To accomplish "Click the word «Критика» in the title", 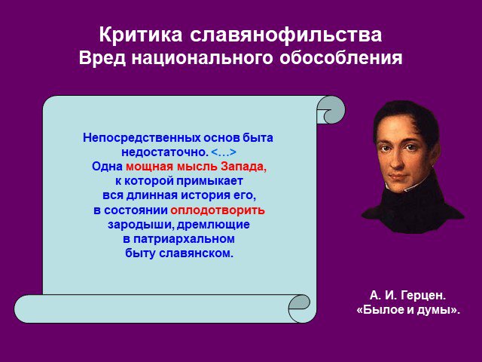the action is point(141,35).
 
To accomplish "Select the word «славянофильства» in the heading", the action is point(286,35).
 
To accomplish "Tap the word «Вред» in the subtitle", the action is point(102,57).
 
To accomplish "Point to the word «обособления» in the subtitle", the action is point(341,57).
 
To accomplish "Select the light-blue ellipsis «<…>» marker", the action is point(224,152).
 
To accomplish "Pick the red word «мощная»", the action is point(150,167).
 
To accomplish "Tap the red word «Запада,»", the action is point(243,167).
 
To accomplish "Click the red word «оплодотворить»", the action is point(218,210).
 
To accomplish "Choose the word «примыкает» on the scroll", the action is point(209,181).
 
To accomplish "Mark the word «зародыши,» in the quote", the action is point(141,225).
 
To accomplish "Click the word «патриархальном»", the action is point(184,239).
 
